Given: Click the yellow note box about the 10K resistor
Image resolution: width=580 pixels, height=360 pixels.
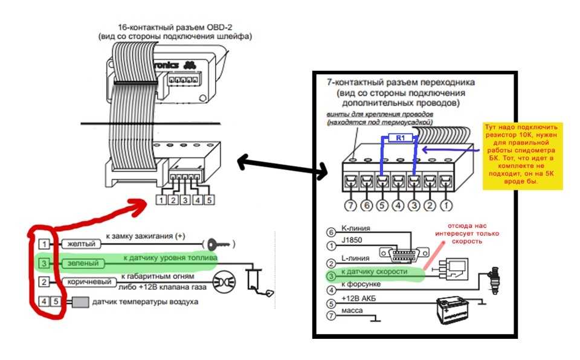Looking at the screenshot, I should (522, 155).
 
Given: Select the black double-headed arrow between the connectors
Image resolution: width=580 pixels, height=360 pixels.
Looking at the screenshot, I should (282, 166).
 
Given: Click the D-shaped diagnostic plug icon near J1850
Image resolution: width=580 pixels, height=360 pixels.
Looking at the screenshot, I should (401, 253).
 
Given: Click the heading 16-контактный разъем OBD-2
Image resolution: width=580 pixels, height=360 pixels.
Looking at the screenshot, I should (175, 27).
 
